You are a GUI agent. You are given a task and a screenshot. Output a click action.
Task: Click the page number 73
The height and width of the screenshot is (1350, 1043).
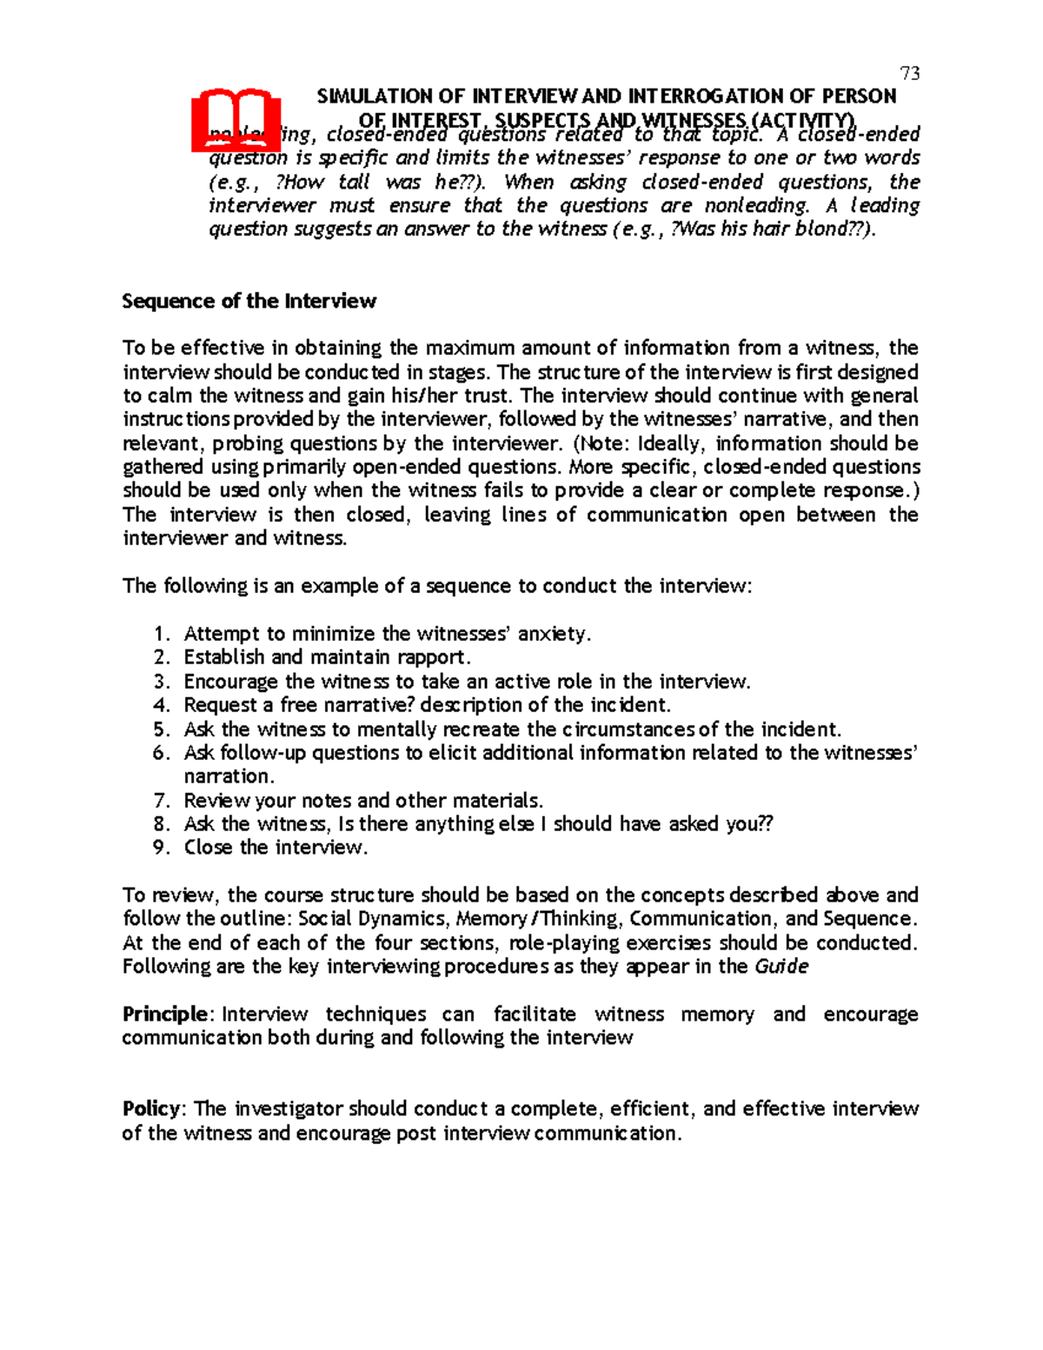coord(910,73)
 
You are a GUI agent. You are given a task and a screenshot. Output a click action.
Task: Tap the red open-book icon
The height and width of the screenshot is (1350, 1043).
coord(236,120)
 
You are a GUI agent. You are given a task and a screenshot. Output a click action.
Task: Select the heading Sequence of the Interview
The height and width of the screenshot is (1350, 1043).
coord(249,301)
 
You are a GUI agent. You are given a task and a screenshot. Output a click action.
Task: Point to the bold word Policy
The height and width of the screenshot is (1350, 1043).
coord(151,1108)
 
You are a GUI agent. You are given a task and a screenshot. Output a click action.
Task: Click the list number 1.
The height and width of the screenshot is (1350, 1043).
coord(159,634)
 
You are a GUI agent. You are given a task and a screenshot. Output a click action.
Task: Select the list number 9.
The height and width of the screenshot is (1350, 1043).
coord(160,848)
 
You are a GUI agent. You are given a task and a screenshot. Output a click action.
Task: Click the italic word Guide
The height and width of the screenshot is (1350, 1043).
coord(781,967)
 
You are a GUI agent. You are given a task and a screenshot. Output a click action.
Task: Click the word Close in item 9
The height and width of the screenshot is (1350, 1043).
coord(209,848)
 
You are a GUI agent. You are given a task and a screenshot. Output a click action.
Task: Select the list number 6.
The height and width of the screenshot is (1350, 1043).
coord(160,753)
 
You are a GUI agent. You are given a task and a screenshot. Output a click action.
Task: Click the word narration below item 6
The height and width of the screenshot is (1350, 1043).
coord(228,776)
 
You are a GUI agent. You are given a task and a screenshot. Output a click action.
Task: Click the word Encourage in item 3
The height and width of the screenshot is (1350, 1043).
coord(230,682)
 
